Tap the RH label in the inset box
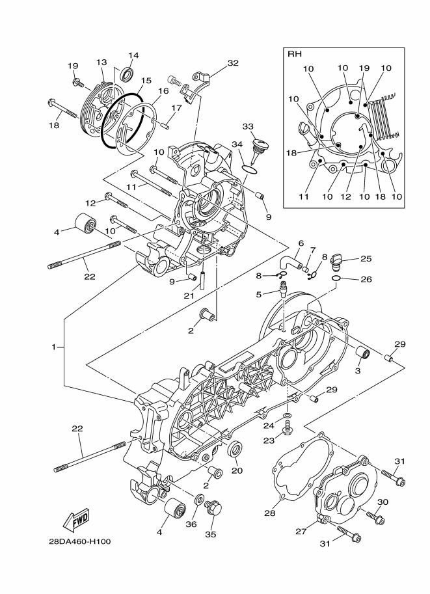tap(295, 55)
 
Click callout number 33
tap(248, 126)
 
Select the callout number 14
tap(133, 55)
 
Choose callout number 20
tap(237, 470)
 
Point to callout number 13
tap(101, 62)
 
